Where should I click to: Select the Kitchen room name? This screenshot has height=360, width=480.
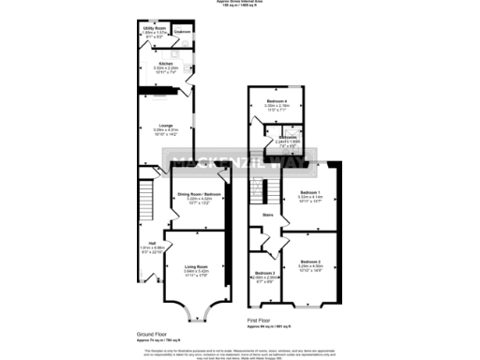tap(165, 63)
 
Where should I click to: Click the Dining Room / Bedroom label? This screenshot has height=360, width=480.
tap(198, 194)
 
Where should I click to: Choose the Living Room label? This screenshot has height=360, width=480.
tap(196, 266)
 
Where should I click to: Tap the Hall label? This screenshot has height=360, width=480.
tap(150, 242)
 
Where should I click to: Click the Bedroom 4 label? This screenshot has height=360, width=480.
tap(276, 100)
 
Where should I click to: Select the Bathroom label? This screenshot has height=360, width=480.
tap(289, 137)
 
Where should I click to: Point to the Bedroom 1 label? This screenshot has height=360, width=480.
tap(310, 192)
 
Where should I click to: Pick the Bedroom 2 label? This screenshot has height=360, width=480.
tap(310, 261)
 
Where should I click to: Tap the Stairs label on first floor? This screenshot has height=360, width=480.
tap(267, 215)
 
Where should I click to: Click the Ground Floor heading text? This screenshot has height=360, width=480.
tap(154, 334)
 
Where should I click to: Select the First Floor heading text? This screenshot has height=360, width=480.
tap(264, 321)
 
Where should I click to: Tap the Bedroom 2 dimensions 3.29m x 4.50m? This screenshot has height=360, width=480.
tap(310, 266)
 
